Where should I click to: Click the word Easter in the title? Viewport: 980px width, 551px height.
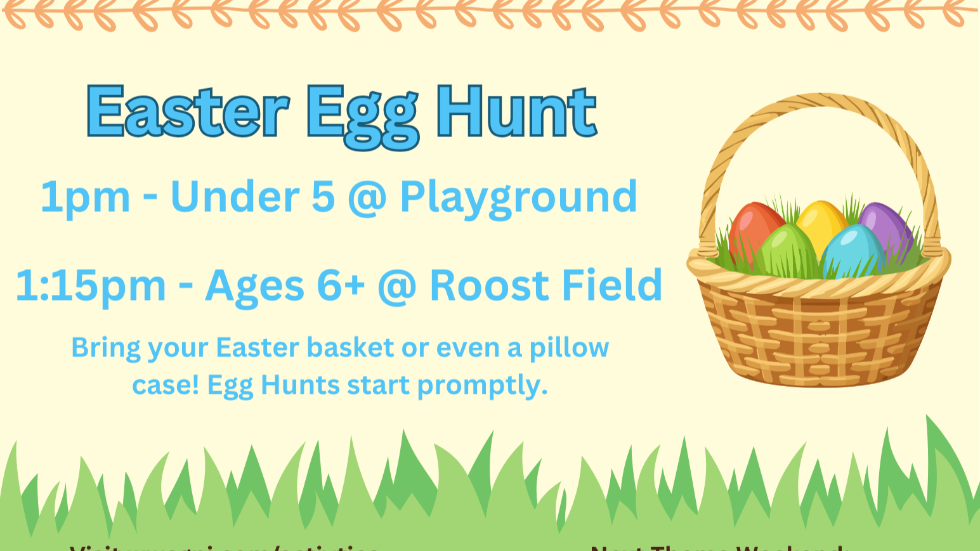(x=188, y=112)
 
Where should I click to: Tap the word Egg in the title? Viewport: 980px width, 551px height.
(x=362, y=114)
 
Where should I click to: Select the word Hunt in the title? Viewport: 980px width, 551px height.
(x=516, y=112)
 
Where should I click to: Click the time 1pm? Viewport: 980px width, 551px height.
(x=85, y=197)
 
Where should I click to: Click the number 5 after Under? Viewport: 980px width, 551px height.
(x=323, y=197)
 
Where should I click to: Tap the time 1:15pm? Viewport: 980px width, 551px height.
(x=91, y=286)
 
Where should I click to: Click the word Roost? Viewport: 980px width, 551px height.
(x=491, y=285)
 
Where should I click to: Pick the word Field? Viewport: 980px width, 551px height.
(x=612, y=285)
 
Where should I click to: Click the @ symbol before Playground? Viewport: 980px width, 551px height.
(x=367, y=198)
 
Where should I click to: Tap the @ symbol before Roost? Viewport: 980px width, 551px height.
(x=396, y=286)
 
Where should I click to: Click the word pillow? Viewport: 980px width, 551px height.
(x=569, y=348)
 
